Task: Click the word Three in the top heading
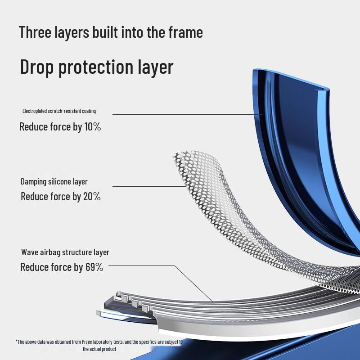(35, 32)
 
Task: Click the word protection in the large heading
(96, 67)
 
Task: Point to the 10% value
(93, 126)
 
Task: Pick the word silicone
(60, 182)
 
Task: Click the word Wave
(30, 252)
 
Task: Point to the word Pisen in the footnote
(86, 342)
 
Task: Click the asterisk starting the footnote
(17, 341)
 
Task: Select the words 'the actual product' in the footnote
(99, 349)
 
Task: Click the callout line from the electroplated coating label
(187, 114)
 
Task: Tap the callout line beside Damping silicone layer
(149, 186)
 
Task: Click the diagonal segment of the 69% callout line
(193, 283)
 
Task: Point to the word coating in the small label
(89, 111)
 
